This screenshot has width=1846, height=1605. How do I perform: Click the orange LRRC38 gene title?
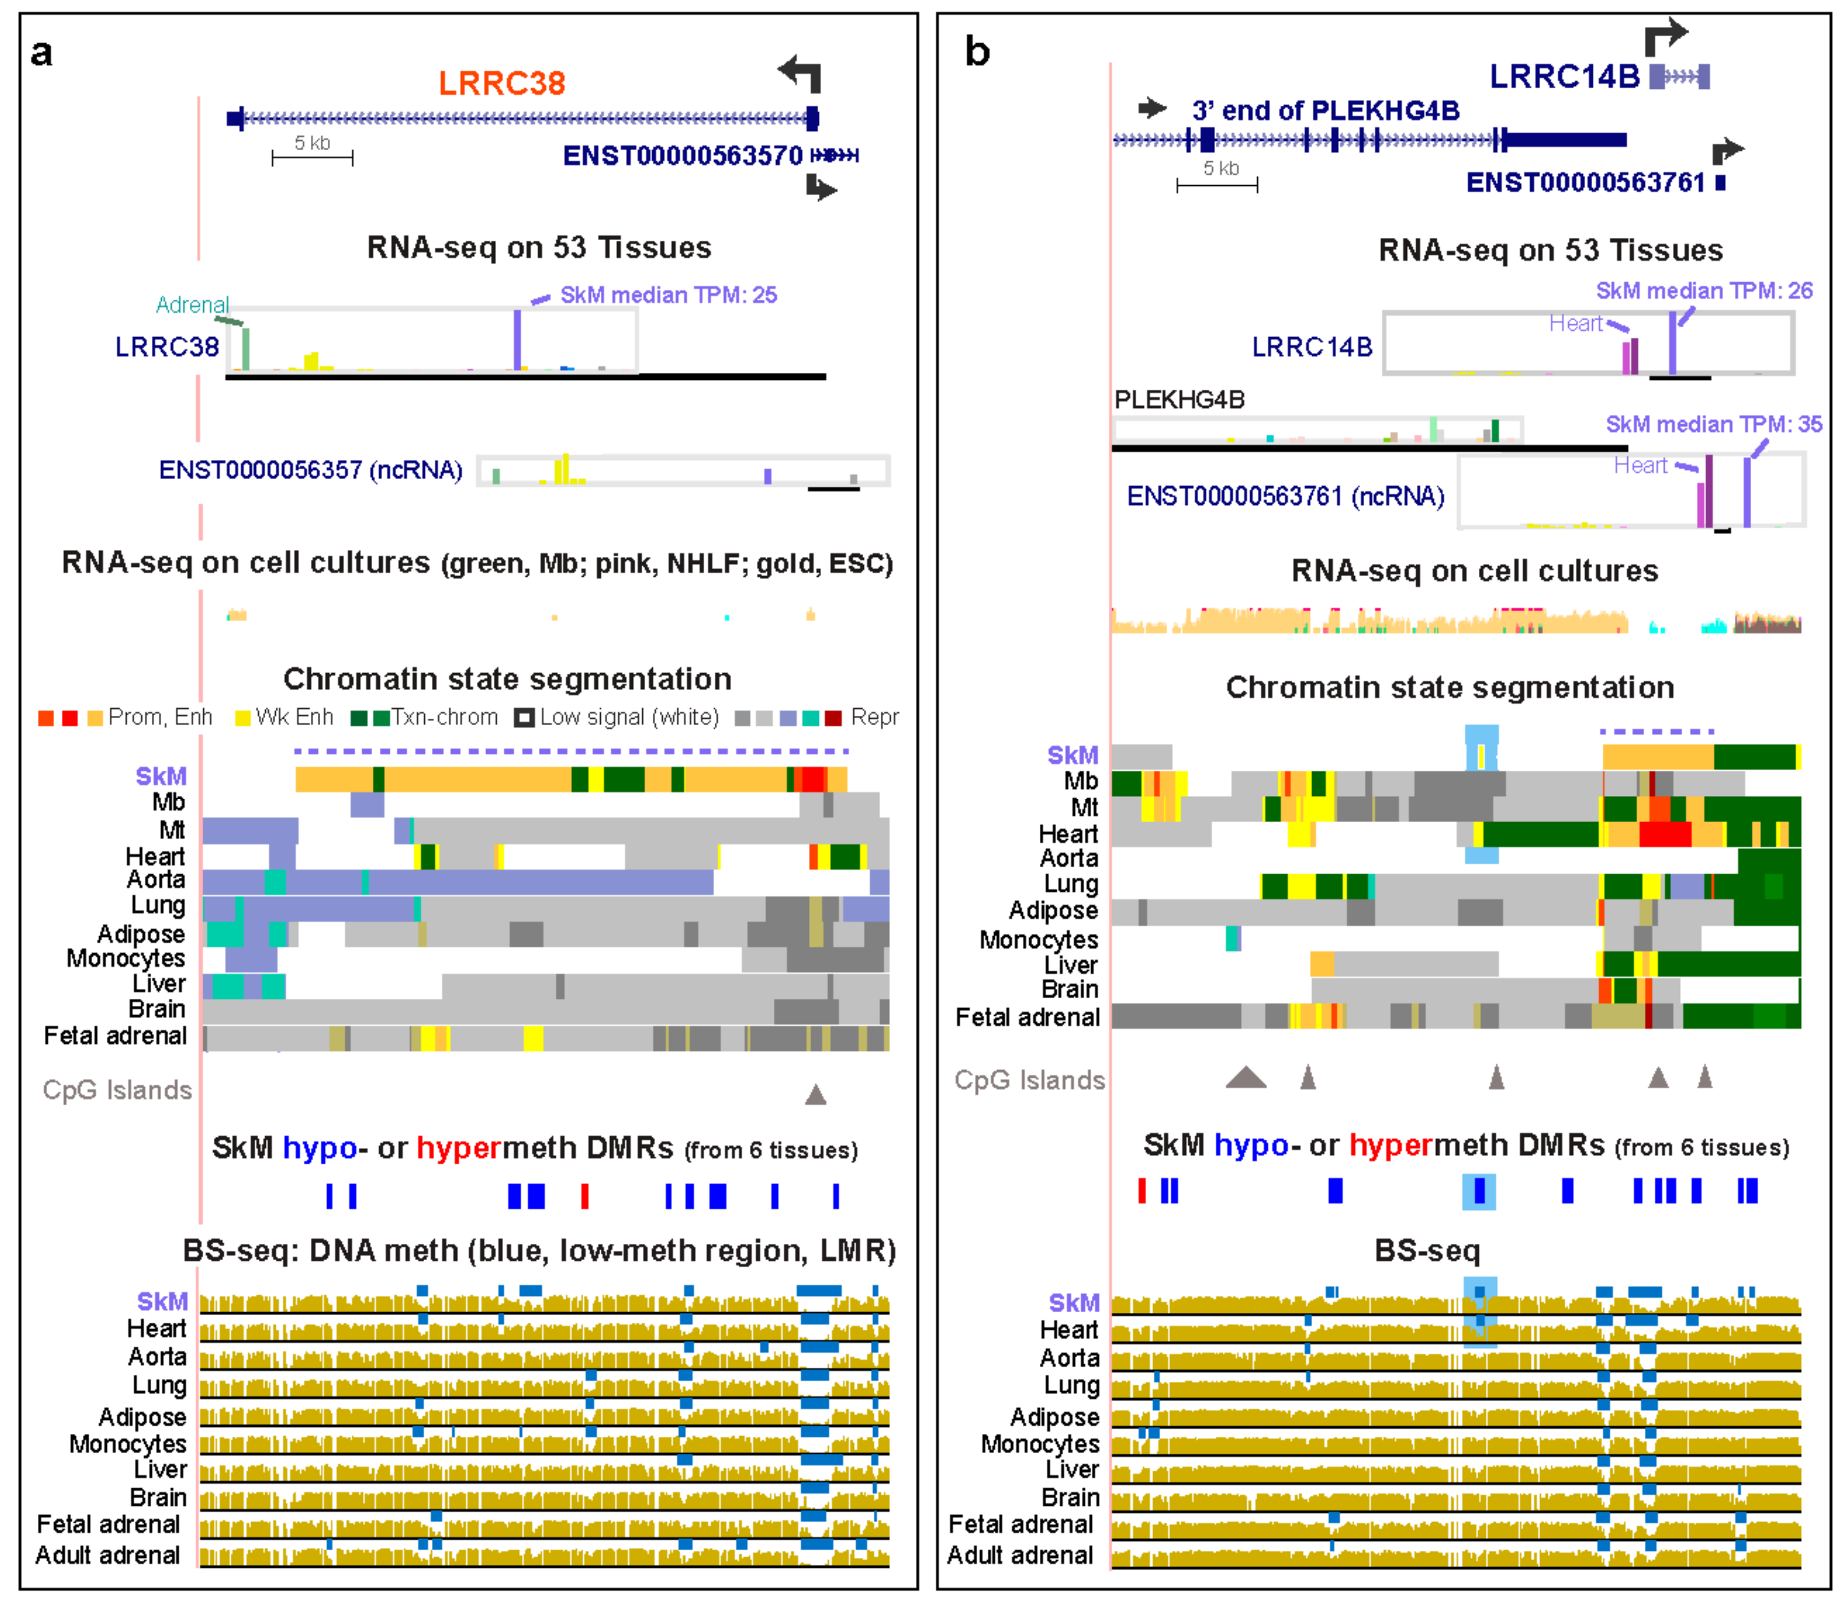pos(502,83)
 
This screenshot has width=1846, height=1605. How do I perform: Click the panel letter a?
pos(41,53)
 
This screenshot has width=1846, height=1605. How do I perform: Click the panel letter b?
pos(977,52)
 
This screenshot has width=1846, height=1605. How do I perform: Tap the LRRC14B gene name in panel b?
pos(1563,77)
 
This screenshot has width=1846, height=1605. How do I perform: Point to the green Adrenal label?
pos(192,305)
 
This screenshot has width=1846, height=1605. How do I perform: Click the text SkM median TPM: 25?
pos(668,295)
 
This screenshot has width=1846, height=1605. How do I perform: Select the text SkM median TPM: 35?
pos(1713,424)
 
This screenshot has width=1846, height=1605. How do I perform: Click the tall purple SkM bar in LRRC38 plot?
pos(517,340)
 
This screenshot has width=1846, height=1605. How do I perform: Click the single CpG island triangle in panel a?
pos(815,1095)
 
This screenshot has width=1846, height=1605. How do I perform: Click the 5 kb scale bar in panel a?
pos(312,158)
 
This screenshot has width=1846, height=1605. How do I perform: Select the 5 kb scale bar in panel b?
pos(1217,185)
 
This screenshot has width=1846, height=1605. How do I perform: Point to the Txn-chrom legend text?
pos(445,718)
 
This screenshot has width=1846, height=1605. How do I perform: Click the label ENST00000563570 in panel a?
pos(682,156)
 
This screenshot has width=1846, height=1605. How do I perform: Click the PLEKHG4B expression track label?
pos(1179,400)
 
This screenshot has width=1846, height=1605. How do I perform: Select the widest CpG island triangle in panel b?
pos(1246,1078)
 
